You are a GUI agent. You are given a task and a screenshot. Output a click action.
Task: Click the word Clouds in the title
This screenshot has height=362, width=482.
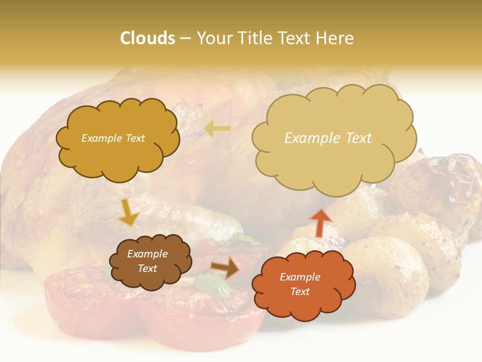147,38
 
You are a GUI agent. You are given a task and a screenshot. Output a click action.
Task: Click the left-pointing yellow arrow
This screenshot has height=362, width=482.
217,129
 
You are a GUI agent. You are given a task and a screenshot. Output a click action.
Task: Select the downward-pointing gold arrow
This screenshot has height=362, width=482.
129,212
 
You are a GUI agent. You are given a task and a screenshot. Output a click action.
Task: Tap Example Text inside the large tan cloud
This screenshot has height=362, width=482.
328,138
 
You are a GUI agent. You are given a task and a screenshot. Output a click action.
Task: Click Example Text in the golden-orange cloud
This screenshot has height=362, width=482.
113,138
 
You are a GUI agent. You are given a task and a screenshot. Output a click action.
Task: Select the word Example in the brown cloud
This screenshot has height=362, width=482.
147,254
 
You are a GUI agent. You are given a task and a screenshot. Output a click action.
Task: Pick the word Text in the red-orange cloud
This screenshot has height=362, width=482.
300,292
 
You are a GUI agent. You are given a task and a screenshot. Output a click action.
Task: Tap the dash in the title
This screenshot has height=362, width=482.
185,38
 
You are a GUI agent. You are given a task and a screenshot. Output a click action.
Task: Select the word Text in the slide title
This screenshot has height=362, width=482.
297,38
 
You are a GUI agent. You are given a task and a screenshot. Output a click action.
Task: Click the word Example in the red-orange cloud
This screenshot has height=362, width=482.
300,277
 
